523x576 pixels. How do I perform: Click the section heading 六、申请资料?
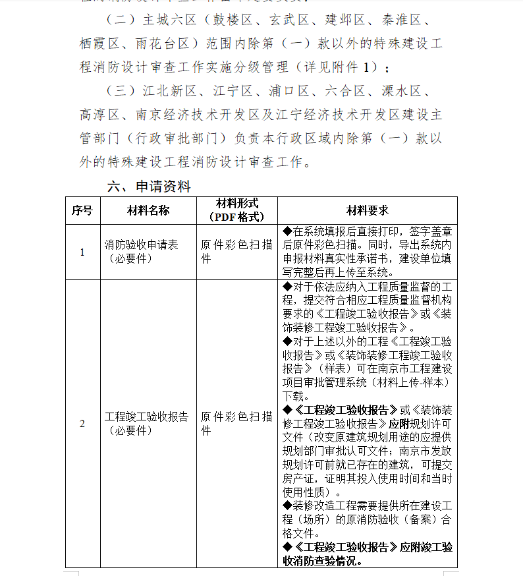[x=149, y=187]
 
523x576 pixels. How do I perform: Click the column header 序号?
[x=82, y=210]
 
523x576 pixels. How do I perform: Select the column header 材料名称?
[x=148, y=210]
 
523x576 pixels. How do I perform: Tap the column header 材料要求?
[x=368, y=210]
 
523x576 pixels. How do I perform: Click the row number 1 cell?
[x=82, y=252]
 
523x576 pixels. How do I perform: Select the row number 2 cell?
[x=82, y=423]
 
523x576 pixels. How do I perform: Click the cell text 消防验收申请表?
[x=141, y=245]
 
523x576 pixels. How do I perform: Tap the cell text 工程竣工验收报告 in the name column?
[x=146, y=417]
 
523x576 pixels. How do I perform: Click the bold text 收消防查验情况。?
[x=323, y=561]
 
